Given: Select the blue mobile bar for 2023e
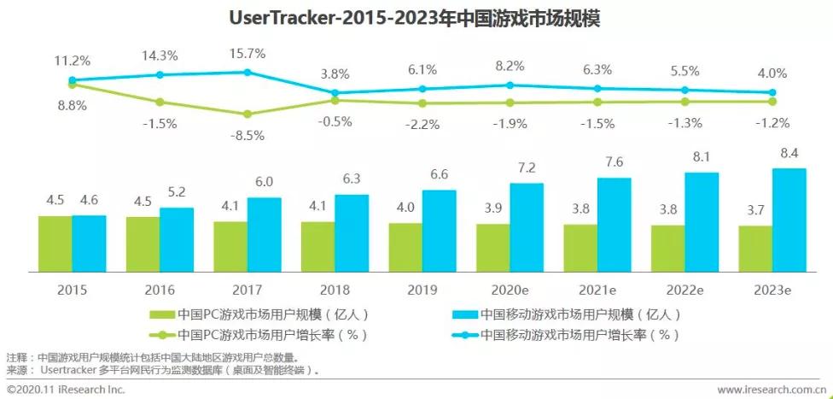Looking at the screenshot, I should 789,220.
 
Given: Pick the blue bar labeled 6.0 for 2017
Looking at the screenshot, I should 264,234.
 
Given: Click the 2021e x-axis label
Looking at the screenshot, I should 597,290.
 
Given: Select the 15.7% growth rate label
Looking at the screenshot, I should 247,54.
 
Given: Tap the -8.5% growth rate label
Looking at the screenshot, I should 247,134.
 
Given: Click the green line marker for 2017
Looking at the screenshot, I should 247,114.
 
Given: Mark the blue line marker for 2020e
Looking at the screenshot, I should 510,85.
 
